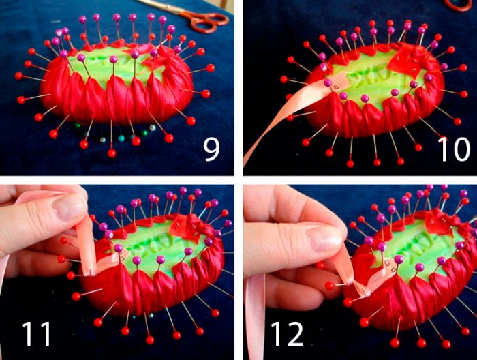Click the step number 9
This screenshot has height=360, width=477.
(211, 150)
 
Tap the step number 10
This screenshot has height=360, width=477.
(453, 149)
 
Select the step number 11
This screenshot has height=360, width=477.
(36, 333)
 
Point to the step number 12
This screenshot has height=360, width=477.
(287, 333)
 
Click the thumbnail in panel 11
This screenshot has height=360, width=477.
(68, 207)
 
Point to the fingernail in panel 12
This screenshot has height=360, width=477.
(323, 238)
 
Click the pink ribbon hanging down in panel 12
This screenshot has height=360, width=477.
(255, 316)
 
